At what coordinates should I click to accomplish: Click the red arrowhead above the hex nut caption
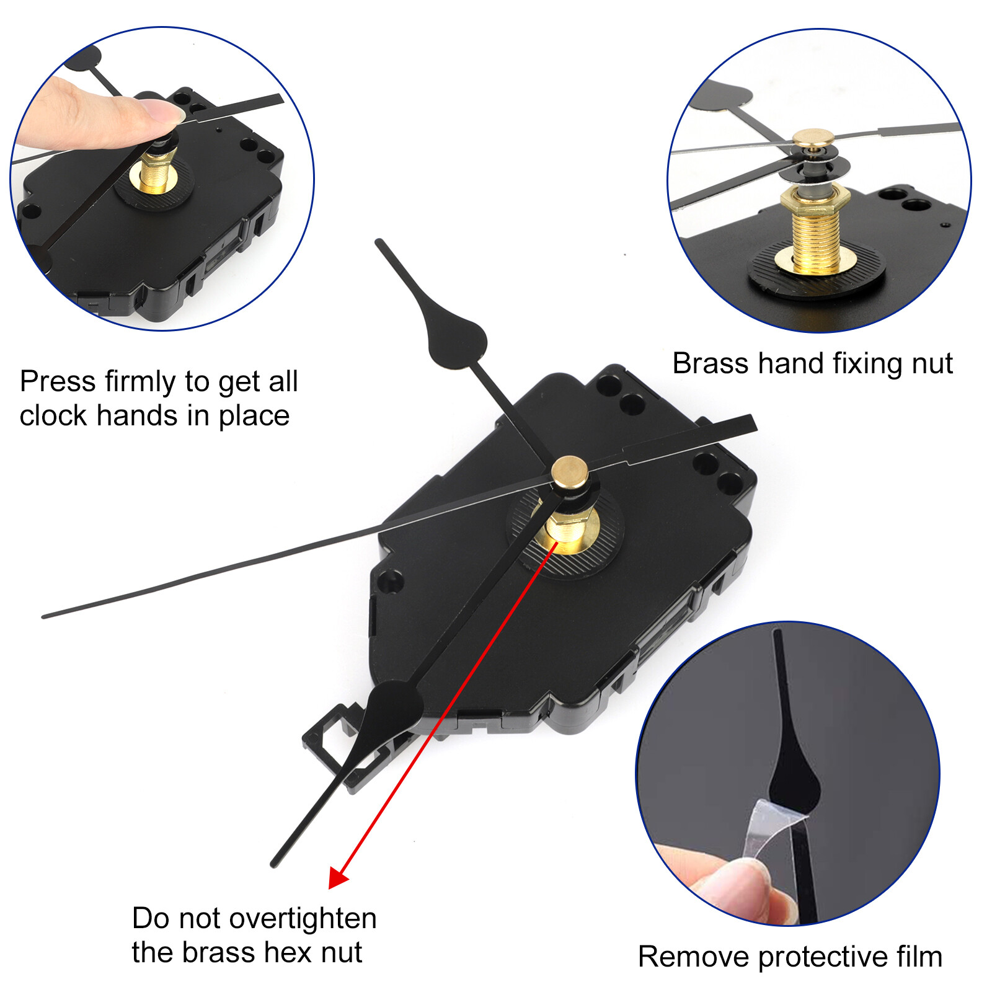pyautogui.click(x=339, y=877)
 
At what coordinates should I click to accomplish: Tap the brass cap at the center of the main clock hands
pyautogui.click(x=570, y=472)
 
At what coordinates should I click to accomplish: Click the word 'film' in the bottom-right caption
pyautogui.click(x=919, y=956)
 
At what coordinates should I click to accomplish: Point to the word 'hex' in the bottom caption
pyautogui.click(x=286, y=952)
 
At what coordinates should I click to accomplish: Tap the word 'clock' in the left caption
pyautogui.click(x=53, y=415)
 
